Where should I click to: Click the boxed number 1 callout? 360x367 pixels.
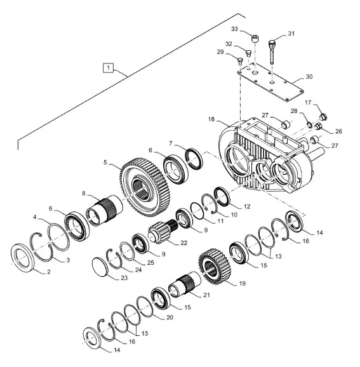108,68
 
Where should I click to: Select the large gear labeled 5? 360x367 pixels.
142,187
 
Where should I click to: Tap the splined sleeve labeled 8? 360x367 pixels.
104,210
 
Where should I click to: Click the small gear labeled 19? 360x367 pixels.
215,266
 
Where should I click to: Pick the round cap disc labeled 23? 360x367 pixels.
100,267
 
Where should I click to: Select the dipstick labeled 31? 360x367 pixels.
272,52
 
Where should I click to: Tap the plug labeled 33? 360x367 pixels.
255,38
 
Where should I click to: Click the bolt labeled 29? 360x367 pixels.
240,61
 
